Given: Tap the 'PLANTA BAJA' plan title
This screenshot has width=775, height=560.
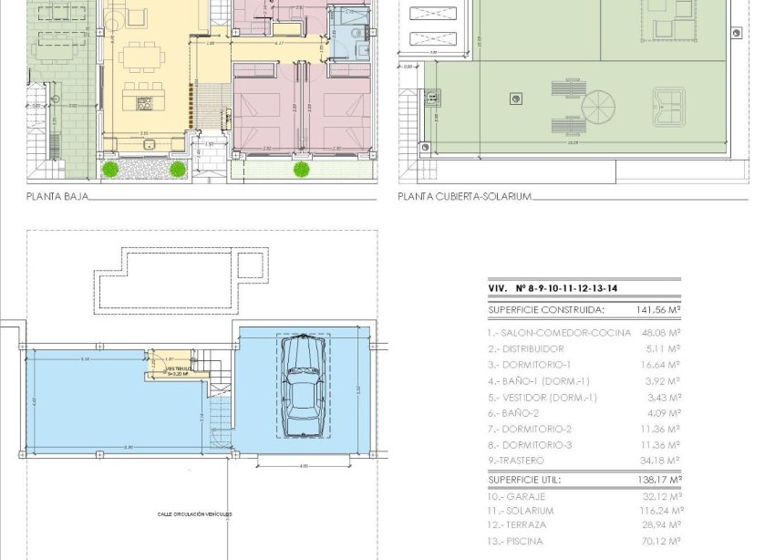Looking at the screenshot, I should (57, 195).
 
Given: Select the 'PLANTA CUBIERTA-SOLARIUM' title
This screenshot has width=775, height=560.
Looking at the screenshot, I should (464, 195).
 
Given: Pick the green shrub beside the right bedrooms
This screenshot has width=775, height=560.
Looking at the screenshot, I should (299, 168).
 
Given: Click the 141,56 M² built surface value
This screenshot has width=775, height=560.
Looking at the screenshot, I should (658, 310).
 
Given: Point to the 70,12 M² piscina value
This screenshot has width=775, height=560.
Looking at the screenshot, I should (662, 541).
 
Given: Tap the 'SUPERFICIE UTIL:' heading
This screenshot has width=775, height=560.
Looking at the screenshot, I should (524, 479).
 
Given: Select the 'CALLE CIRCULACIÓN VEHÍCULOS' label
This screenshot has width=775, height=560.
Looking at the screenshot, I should (194, 514).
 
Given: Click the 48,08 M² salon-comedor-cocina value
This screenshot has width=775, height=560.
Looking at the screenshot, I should (661, 333).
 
